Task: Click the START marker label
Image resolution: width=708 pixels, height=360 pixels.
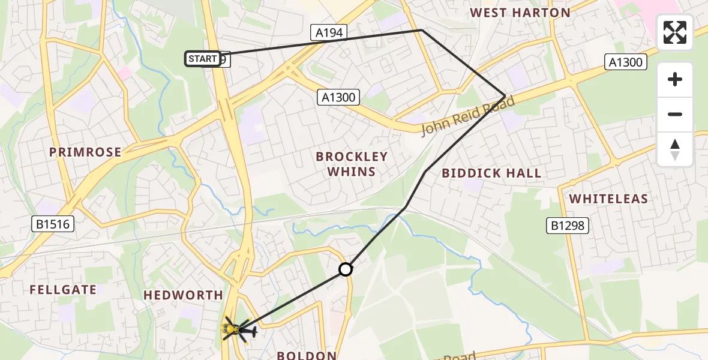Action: coord(203,59)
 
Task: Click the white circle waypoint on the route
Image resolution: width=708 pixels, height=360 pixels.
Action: coord(346,269)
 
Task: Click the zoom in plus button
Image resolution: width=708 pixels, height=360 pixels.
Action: coord(675,79)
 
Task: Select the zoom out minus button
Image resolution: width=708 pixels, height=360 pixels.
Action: coord(675,114)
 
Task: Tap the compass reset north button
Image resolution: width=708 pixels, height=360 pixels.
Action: coord(675,149)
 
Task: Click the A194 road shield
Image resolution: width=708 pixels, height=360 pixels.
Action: coord(329,32)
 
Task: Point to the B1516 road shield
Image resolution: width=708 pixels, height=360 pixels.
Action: coord(52,224)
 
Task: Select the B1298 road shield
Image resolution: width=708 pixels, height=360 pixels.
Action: coord(567,226)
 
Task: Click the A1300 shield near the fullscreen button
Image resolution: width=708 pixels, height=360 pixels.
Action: coord(625,62)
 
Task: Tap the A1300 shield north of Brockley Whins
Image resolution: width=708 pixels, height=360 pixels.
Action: coord(338,97)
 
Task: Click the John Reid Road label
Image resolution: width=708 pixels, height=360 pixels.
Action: coord(468,116)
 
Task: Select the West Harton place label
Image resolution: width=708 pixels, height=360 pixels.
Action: coord(520,13)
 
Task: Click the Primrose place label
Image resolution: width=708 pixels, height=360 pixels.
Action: coord(85,152)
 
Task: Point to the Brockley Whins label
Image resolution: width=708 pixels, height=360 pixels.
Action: coord(352,164)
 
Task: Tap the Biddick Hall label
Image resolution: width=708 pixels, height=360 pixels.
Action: coord(491,173)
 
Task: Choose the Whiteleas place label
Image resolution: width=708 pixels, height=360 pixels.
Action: coord(608,199)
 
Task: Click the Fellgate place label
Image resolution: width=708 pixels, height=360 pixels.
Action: coord(63,290)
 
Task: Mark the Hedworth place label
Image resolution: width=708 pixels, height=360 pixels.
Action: coord(183,295)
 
